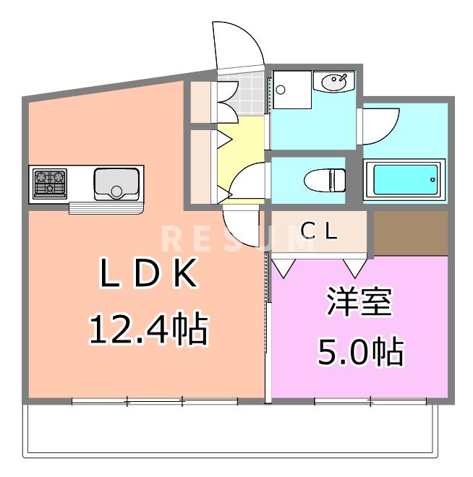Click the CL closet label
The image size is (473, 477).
click(x=319, y=231)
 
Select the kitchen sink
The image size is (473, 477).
click(x=116, y=184)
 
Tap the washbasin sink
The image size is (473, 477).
click(x=333, y=81)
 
